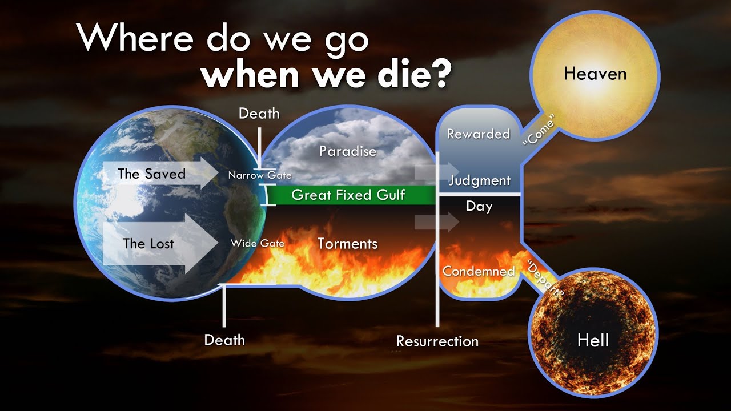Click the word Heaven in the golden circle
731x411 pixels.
coord(595,74)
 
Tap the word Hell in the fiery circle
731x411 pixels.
coord(593,340)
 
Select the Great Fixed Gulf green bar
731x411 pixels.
coord(348,195)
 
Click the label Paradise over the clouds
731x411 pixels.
coord(347,151)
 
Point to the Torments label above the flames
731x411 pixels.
coord(347,244)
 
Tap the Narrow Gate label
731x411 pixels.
coord(260,175)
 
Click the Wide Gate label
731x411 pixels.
coord(258,243)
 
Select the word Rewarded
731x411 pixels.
coord(479,134)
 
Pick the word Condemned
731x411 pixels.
coord(479,271)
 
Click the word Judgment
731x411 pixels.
coord(480,181)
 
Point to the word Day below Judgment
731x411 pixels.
coord(479,206)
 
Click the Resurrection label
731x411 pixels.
coord(437,341)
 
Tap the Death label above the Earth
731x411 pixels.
coord(259,114)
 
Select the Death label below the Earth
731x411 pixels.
coord(224,340)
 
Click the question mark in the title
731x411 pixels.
coord(436,75)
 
